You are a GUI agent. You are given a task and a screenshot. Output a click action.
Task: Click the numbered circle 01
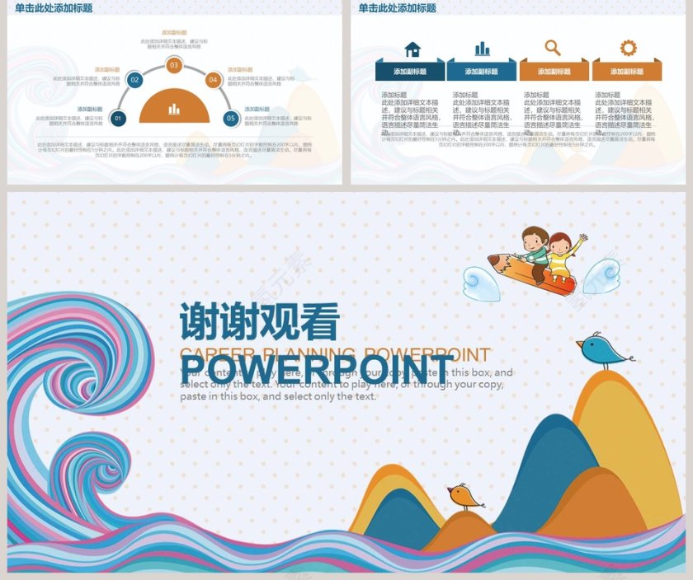(x=118, y=119)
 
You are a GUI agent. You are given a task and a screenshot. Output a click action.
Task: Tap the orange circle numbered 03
(x=173, y=65)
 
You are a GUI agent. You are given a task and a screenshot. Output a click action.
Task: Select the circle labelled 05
(x=231, y=119)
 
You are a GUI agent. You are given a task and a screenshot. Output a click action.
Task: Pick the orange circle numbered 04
(x=213, y=80)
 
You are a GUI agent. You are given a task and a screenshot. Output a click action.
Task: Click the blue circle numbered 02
(x=134, y=80)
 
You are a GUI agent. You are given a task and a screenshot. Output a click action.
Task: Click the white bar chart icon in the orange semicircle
(x=174, y=109)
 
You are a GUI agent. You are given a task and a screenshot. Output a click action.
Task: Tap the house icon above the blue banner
(x=412, y=49)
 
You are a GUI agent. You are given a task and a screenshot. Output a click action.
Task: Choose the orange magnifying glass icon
(x=553, y=49)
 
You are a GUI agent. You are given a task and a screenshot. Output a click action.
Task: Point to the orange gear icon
(x=629, y=48)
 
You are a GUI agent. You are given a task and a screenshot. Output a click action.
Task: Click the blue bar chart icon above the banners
(x=482, y=49)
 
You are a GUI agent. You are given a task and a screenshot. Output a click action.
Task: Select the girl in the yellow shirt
(x=563, y=255)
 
